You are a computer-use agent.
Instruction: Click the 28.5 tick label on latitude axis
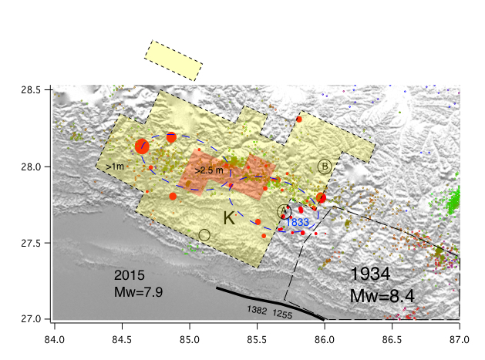[x=31, y=90]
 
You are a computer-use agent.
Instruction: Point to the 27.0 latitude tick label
[x=31, y=319]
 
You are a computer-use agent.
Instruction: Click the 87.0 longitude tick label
[x=460, y=337]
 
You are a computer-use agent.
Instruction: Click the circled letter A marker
[x=284, y=211]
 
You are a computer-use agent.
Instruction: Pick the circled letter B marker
[x=325, y=166]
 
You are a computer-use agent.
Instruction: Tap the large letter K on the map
[x=229, y=218]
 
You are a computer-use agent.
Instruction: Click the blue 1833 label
[x=297, y=222]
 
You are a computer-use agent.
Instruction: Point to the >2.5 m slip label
[x=208, y=170]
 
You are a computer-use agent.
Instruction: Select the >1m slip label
[x=114, y=166]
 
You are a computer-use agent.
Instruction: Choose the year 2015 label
[x=130, y=275]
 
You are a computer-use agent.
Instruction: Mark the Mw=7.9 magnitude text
[x=138, y=292]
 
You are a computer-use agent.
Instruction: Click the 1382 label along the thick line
[x=258, y=309]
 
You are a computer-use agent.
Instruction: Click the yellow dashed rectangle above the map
[x=173, y=60]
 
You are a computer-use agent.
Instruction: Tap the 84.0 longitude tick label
[x=55, y=337]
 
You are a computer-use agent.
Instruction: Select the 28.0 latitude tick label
[x=31, y=167]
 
